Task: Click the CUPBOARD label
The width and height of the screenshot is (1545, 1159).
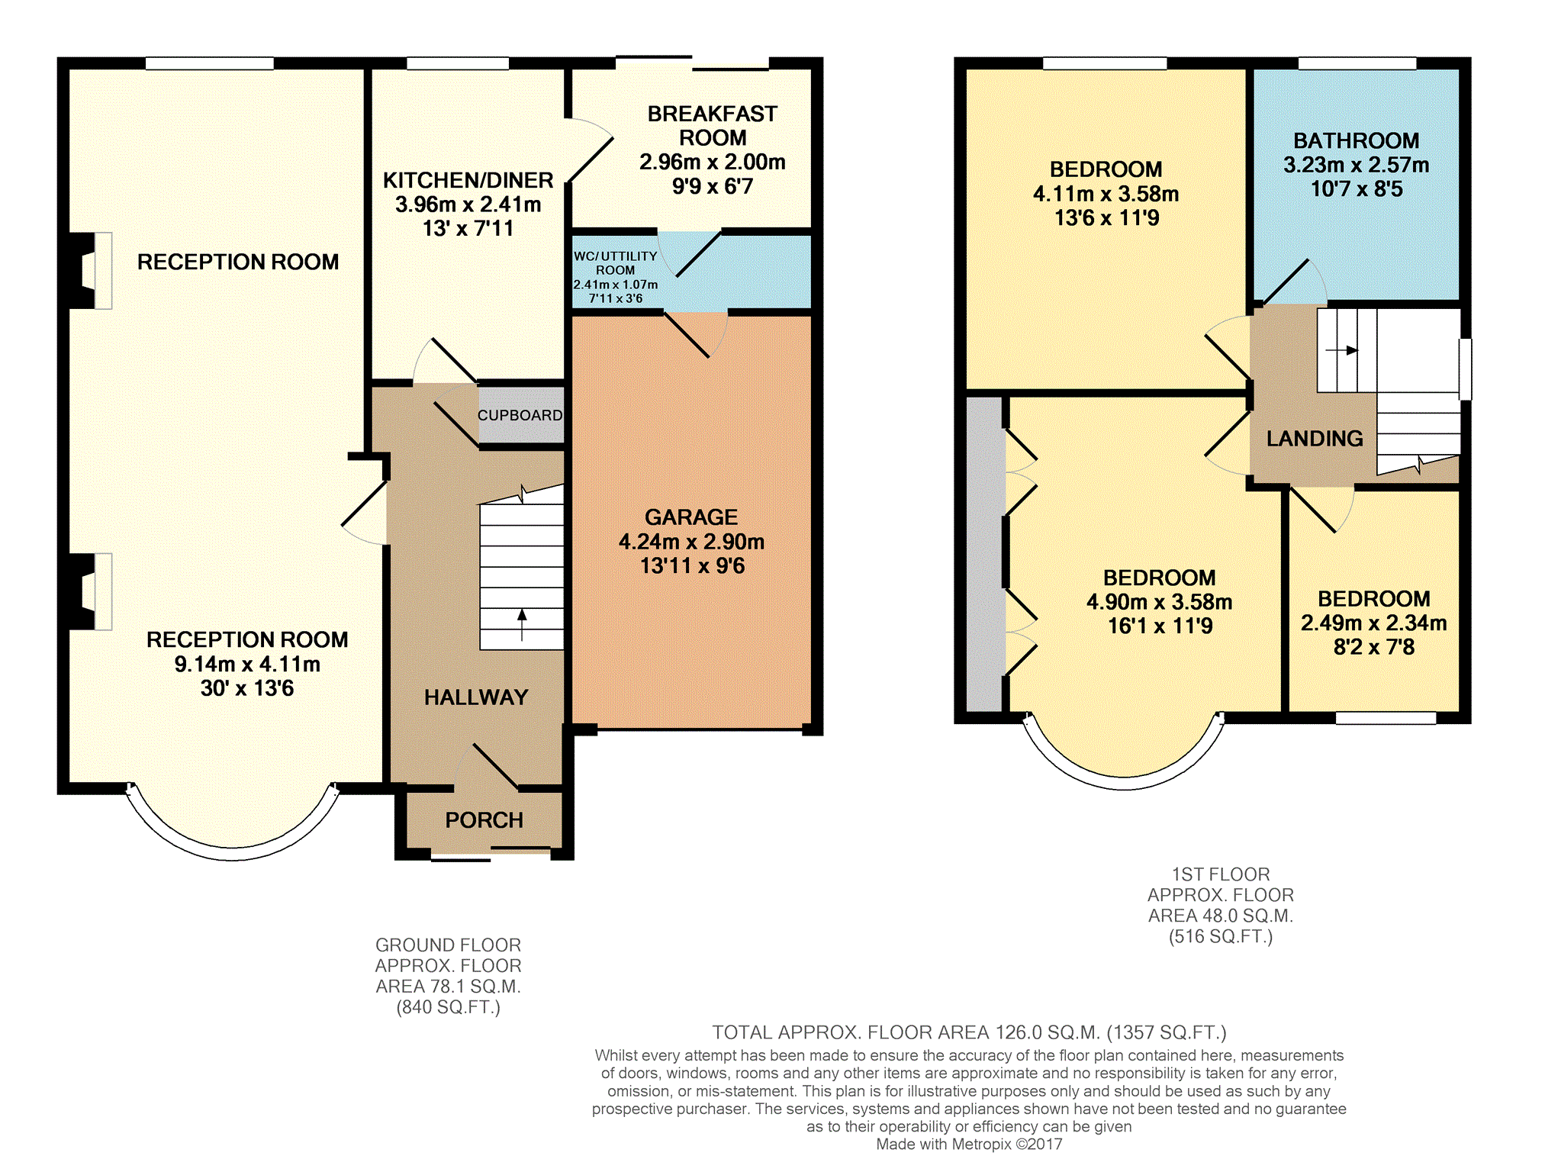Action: coord(520,415)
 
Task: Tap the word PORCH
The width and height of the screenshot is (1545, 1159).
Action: coord(484,820)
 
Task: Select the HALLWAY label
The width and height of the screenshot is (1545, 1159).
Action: coord(476,697)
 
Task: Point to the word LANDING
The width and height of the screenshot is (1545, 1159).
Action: coord(1315,439)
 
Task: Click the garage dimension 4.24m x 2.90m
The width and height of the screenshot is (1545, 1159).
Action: coord(691,542)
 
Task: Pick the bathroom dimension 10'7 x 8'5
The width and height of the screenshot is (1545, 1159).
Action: coord(1357,189)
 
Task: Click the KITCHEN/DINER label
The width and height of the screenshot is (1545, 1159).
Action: coord(468,180)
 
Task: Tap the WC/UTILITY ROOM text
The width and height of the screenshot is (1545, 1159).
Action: coord(615,263)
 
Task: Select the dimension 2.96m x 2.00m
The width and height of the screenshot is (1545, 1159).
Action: coord(713,162)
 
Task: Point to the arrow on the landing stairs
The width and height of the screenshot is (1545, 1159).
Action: coord(1342,350)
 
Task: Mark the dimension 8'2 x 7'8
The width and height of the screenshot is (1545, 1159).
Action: coord(1373,647)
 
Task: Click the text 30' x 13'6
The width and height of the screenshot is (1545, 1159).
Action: coord(247,688)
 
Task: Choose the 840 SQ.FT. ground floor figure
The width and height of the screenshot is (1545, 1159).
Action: coord(449,1007)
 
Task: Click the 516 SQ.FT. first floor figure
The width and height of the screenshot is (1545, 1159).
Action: coord(1221,936)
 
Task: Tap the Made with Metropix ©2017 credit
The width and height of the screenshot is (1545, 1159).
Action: coord(969,1144)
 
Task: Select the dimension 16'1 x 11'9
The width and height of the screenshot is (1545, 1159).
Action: coord(1160,626)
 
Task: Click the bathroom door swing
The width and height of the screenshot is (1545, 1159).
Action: coord(1296,282)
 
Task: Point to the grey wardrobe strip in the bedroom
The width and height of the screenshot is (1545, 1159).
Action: coord(984,554)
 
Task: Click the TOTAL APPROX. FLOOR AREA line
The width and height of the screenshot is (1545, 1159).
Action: coord(969,1032)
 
